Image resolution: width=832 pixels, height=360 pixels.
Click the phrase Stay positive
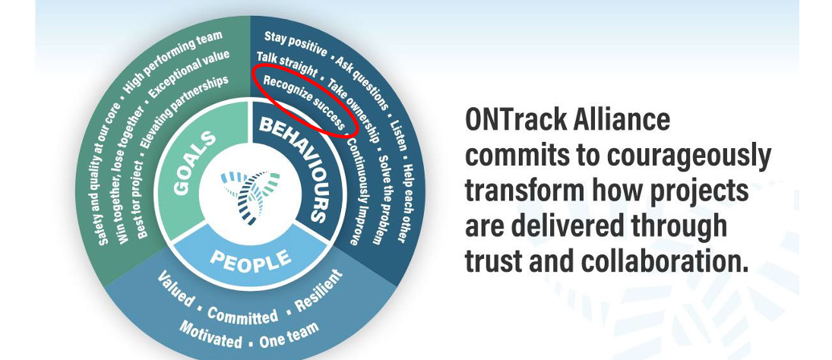pos(296,44)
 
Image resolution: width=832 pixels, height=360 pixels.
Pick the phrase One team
pos(289,335)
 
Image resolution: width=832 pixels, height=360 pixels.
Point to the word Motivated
pos(210,334)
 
